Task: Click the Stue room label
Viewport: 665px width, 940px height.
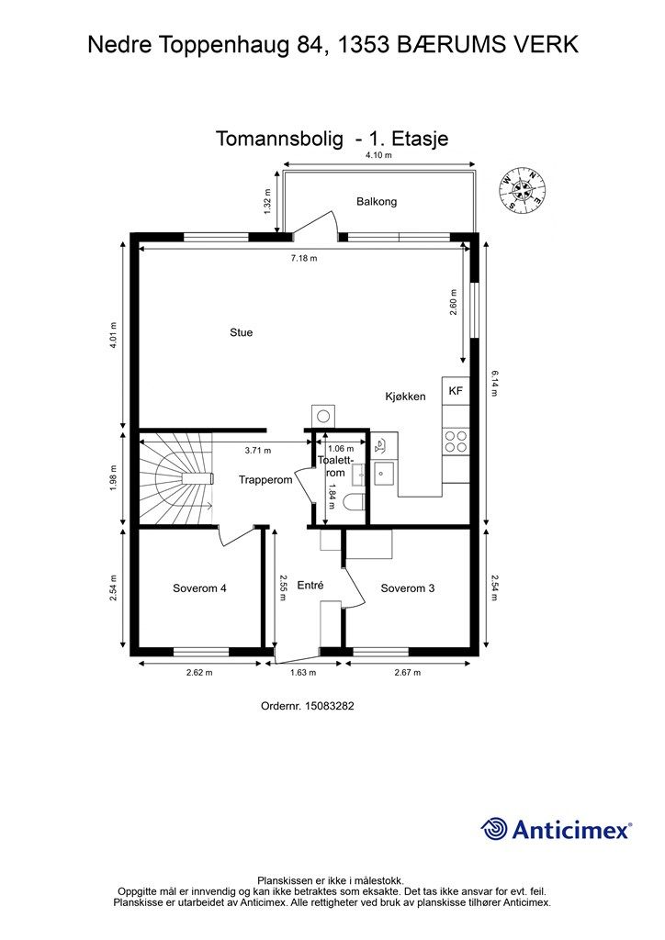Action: pos(241,332)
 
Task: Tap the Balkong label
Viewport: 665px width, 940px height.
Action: pos(377,201)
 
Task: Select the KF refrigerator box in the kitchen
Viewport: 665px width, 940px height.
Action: pos(456,391)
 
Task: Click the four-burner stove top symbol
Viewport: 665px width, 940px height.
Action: pos(456,442)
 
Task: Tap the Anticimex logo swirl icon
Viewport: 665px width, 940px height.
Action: pos(494,829)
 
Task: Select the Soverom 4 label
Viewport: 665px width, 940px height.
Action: pos(199,588)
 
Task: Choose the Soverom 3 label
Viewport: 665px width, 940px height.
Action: pos(408,588)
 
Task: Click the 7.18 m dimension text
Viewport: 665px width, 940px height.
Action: pos(304,258)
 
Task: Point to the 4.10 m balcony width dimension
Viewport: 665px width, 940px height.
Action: pos(379,155)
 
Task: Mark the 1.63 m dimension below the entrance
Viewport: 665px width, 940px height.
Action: pos(303,673)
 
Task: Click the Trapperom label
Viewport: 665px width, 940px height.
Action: pos(265,479)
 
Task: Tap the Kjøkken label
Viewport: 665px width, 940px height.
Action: pos(405,397)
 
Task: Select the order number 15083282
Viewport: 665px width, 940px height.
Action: pos(330,706)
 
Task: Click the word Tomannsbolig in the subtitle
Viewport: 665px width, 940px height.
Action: pos(279,139)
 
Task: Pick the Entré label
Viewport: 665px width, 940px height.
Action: pos(310,585)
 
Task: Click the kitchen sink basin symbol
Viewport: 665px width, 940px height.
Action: pos(383,474)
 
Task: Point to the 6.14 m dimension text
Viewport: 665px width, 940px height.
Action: pos(495,384)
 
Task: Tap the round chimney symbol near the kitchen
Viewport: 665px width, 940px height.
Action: pos(324,416)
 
